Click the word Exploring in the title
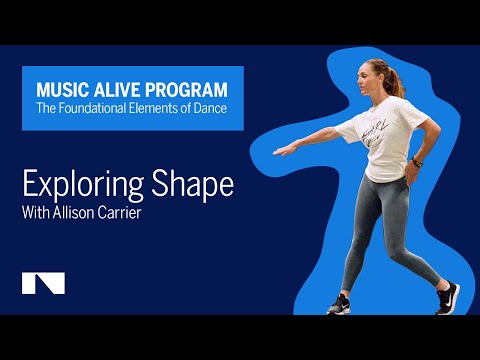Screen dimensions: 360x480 pos(79,185)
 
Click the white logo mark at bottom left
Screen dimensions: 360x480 pos(43,283)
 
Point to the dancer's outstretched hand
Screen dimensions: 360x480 pos(285,151)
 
